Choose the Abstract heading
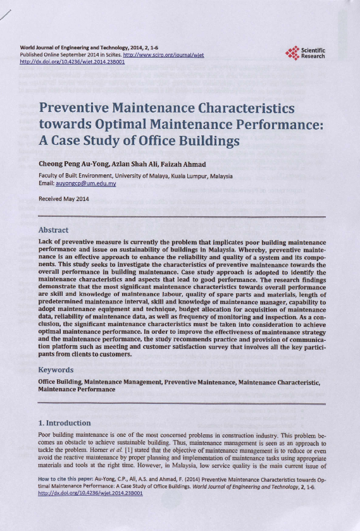point(53,230)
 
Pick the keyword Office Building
point(59,382)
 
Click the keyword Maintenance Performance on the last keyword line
point(77,390)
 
